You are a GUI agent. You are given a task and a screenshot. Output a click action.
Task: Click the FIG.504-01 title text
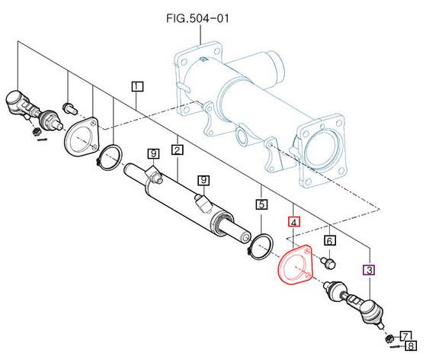(197, 18)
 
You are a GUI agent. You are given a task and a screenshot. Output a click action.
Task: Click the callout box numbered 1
(137, 86)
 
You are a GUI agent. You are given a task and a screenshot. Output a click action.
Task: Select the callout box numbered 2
(178, 149)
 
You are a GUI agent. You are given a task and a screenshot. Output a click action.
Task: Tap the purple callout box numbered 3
(369, 270)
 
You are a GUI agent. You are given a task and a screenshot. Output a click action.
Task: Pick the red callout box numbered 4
(293, 222)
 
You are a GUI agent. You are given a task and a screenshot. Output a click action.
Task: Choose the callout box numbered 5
(261, 204)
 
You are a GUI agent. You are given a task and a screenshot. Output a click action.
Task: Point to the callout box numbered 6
(329, 241)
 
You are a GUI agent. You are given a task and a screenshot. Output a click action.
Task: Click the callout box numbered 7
(405, 336)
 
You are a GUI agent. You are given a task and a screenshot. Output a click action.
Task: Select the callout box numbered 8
(411, 346)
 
